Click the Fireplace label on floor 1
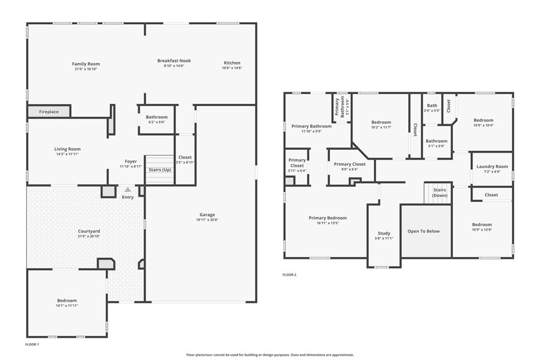pos(49,112)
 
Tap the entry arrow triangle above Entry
pos(128,189)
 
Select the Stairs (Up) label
pos(159,170)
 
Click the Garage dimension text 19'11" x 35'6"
pos(207,220)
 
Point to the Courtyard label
pos(89,231)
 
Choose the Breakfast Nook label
pos(174,61)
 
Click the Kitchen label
pos(232,63)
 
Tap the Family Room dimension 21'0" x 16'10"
pos(86,69)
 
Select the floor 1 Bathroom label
pos(157,117)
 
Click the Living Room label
pos(67,149)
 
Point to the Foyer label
pos(131,161)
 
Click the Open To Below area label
pos(423,231)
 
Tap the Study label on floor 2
pos(384,233)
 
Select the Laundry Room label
pos(492,167)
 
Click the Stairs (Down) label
pos(440,192)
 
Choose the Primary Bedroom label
pos(327,218)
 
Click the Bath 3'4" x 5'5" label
pos(432,105)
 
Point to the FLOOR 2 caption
pos(290,275)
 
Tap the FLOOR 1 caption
pos(32,344)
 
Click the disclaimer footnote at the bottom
pos(269,355)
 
